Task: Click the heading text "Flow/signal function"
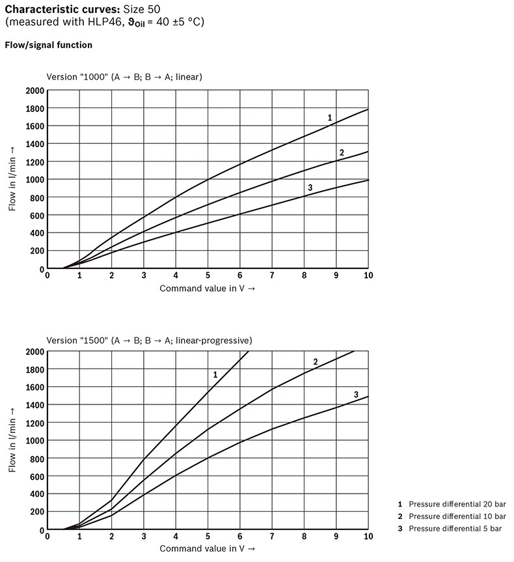[x=48, y=46]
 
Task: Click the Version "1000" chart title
[x=124, y=77]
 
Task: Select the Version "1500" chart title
[x=149, y=340]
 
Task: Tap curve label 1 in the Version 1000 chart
[x=330, y=118]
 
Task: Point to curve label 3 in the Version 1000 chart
[x=310, y=188]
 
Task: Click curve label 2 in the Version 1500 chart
[x=315, y=361]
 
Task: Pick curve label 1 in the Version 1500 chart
[x=215, y=374]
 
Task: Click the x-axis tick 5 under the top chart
[x=208, y=276]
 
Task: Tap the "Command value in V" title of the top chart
[x=207, y=288]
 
